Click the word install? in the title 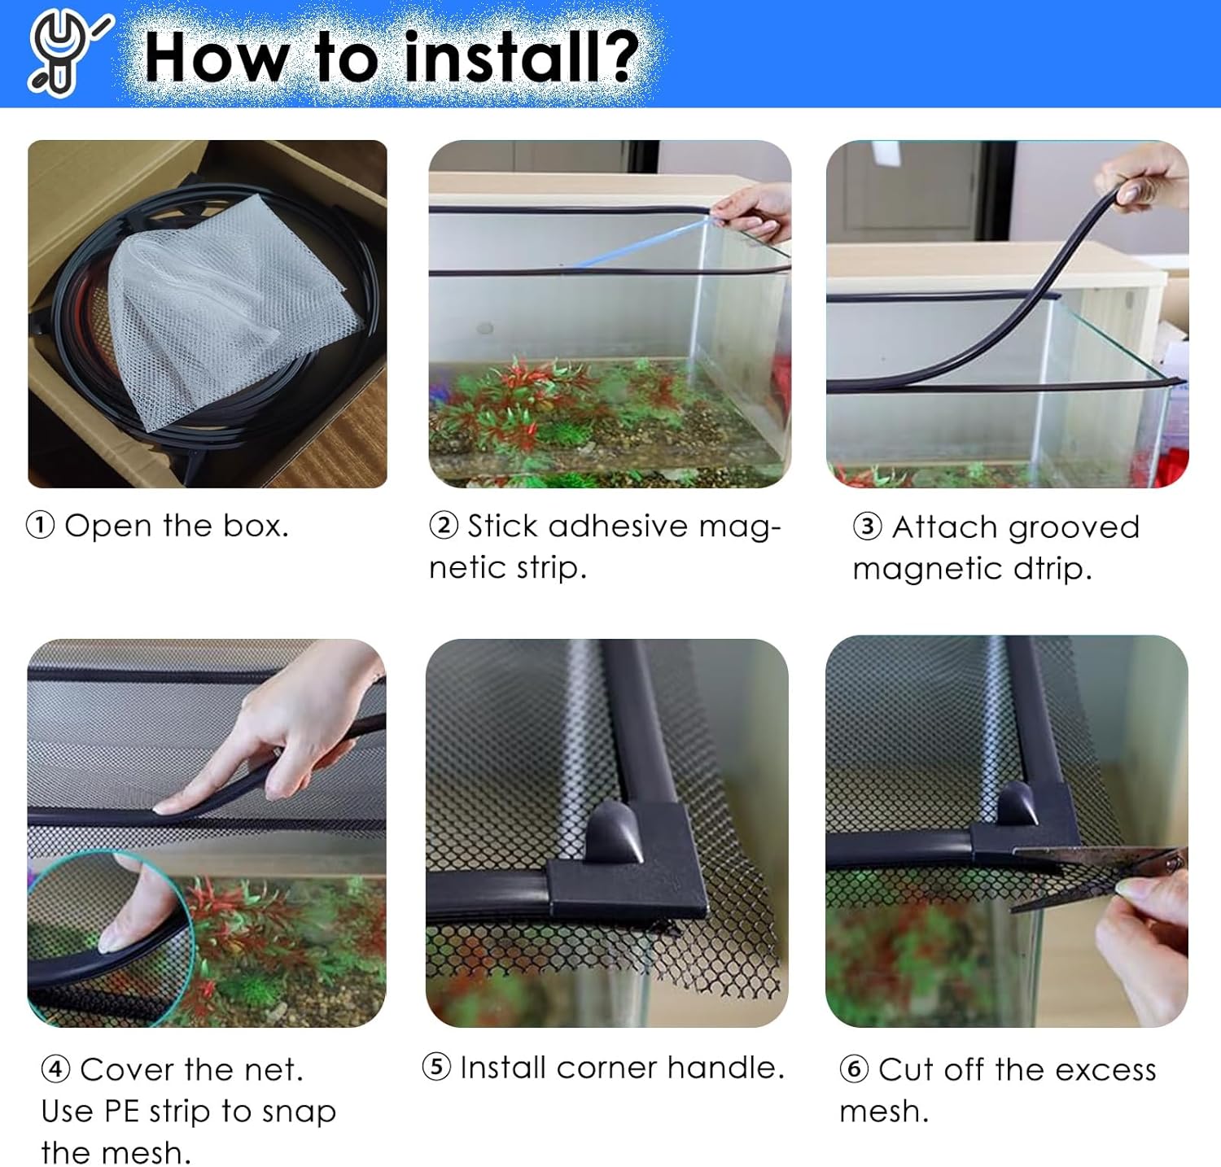(522, 58)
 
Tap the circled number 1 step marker (41, 526)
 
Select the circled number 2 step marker (444, 526)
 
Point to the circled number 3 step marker (867, 527)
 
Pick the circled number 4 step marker (55, 1069)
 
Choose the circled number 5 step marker (436, 1066)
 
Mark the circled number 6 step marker (854, 1069)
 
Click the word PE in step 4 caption (121, 1111)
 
